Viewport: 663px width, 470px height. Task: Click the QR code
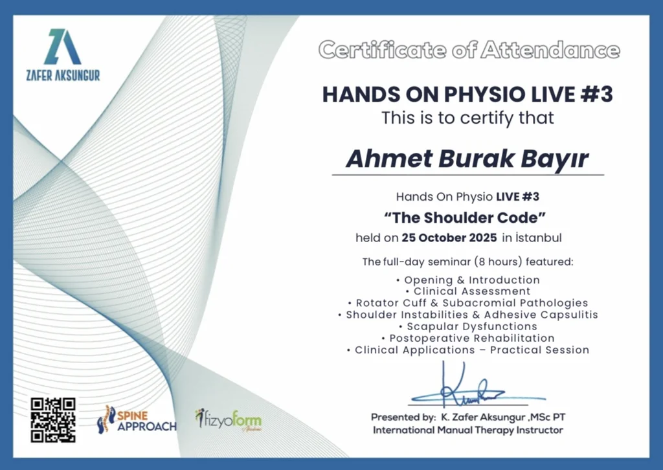53,420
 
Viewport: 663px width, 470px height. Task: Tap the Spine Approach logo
137,420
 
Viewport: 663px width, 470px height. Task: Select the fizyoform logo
229,420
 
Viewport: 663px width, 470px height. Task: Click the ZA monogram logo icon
63,47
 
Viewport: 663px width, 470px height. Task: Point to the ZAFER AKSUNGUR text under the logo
63,75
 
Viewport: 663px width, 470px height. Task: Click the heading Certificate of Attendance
469,50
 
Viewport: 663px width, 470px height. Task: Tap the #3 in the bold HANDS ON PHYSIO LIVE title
596,94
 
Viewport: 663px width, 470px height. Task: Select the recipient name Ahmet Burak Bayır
467,159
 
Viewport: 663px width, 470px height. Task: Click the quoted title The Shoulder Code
465,218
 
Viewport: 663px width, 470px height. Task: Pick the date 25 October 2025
449,238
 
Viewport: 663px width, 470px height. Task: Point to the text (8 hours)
498,262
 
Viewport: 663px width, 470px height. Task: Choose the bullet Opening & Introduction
468,280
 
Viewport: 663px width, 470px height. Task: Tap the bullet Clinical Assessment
467,291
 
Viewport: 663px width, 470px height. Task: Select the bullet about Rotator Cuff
468,303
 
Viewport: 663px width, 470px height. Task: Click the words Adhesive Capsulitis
541,315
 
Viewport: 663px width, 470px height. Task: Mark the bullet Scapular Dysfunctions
468,326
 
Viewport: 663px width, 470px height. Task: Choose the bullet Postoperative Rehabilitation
468,338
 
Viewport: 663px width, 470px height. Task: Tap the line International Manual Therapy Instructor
468,431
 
